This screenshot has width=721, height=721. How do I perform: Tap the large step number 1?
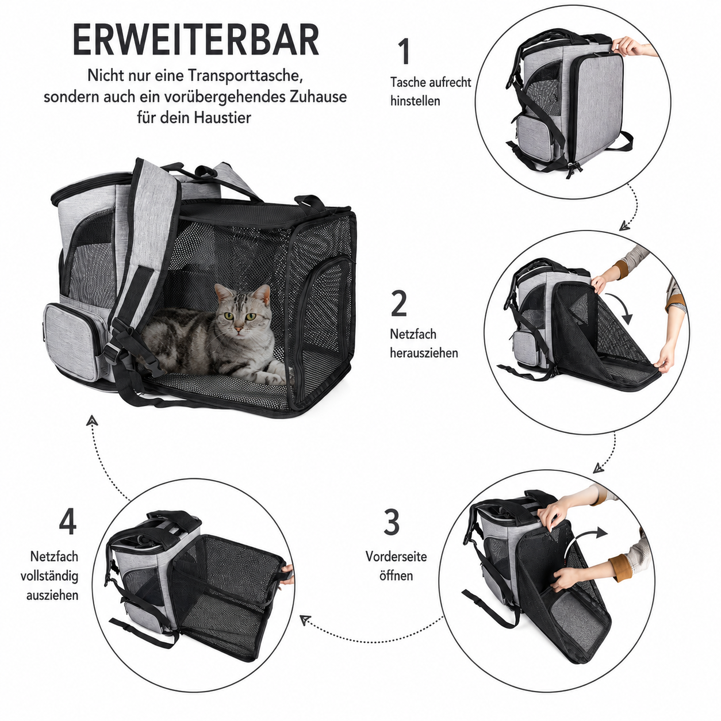[404, 52]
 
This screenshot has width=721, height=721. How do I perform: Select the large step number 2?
[399, 303]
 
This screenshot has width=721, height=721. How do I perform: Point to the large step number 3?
[392, 522]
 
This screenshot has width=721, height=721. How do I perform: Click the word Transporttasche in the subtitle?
[245, 75]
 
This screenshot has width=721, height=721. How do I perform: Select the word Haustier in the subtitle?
[223, 117]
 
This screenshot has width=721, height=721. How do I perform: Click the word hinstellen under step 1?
[415, 101]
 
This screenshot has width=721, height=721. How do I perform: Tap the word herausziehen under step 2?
[424, 353]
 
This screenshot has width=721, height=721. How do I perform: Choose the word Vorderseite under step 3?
[396, 557]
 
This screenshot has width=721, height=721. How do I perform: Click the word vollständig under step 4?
[50, 576]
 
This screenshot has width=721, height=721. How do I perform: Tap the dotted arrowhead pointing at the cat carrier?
[91, 421]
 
